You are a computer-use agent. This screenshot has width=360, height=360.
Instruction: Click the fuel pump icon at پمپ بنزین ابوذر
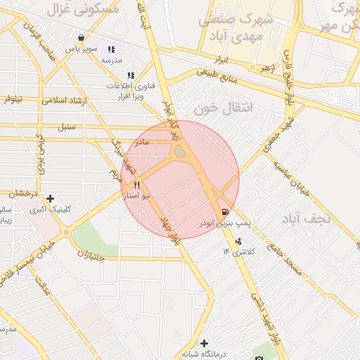(224, 210)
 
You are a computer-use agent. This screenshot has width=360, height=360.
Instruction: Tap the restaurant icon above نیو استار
(136, 185)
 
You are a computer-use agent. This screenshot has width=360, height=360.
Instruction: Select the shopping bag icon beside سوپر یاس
(82, 38)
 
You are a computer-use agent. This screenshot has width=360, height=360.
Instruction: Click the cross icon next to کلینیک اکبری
(50, 199)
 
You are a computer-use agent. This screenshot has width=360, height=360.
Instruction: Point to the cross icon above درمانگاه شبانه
(205, 343)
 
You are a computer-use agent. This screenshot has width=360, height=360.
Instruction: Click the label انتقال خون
(217, 110)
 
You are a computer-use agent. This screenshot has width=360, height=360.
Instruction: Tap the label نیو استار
(137, 196)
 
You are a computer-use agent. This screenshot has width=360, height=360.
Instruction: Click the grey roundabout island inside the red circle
(180, 151)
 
